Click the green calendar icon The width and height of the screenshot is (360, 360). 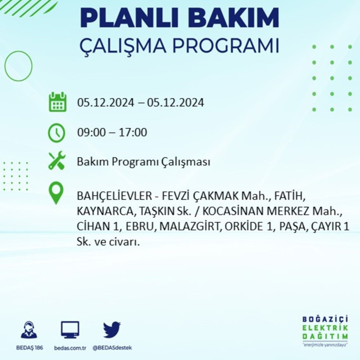click(58, 102)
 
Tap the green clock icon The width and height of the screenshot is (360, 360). click(57, 133)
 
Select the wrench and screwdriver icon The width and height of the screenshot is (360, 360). click(57, 161)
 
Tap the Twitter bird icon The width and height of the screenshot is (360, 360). click(112, 330)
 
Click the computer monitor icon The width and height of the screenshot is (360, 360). click(70, 330)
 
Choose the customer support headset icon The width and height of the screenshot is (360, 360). click(29, 330)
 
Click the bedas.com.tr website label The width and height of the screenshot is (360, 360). click(70, 348)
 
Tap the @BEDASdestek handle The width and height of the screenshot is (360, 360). click(112, 348)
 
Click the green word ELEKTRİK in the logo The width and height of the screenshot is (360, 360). click(325, 328)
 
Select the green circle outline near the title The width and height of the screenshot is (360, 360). click(18, 66)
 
